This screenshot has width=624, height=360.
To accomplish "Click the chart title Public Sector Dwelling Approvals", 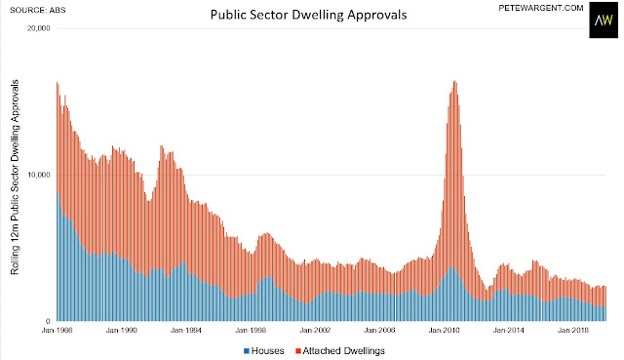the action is pyautogui.click(x=308, y=16).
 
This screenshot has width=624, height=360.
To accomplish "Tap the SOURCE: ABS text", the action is pyautogui.click(x=38, y=10).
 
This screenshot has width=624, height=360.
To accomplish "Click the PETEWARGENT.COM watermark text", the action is pyautogui.click(x=541, y=8).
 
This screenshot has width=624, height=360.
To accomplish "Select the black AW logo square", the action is pyautogui.click(x=604, y=20).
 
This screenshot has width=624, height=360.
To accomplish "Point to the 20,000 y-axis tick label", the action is pyautogui.click(x=38, y=28).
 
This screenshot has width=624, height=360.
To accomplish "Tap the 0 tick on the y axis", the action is pyautogui.click(x=48, y=321).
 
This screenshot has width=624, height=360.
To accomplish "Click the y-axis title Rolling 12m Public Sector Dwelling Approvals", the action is pyautogui.click(x=16, y=178).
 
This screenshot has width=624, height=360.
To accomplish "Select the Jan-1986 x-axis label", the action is pyautogui.click(x=57, y=330).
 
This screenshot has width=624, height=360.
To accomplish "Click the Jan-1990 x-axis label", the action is pyautogui.click(x=121, y=330).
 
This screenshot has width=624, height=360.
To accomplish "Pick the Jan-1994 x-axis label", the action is pyautogui.click(x=186, y=330).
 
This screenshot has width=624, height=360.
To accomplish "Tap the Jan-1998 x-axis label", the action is pyautogui.click(x=251, y=330).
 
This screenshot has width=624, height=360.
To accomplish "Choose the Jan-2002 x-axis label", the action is pyautogui.click(x=315, y=330).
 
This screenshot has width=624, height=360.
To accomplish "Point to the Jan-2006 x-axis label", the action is pyautogui.click(x=379, y=330).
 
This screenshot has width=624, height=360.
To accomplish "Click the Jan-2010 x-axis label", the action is pyautogui.click(x=444, y=330).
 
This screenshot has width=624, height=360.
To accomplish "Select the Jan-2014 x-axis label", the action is pyautogui.click(x=508, y=330).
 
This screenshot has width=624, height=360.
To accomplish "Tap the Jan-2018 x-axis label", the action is pyautogui.click(x=572, y=330).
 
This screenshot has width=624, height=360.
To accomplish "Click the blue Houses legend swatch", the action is pyautogui.click(x=247, y=351).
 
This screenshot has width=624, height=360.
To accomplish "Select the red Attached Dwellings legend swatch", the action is pyautogui.click(x=298, y=351).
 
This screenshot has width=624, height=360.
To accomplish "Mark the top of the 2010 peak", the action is pyautogui.click(x=455, y=81).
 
